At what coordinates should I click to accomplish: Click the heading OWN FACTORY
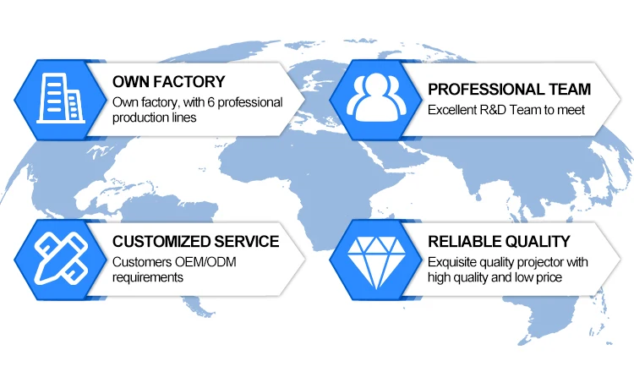(x=169, y=82)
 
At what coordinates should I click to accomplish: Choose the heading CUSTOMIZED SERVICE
(x=195, y=241)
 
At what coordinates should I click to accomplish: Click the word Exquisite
(x=455, y=262)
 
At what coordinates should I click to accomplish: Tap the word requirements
(x=149, y=277)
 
